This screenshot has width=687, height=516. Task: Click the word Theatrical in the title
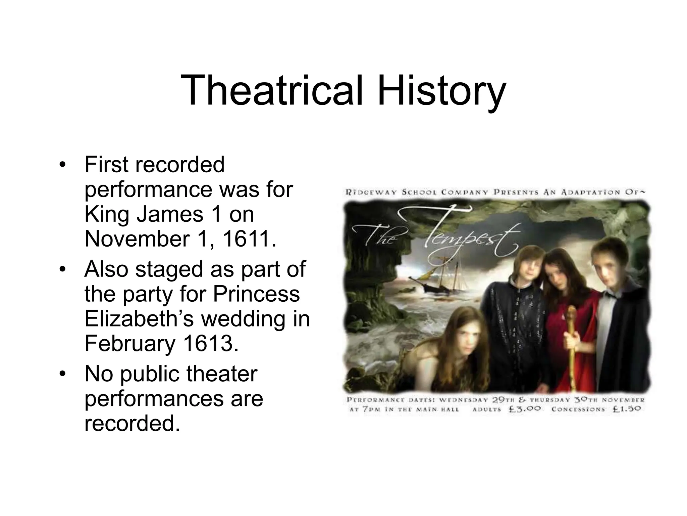tap(272, 91)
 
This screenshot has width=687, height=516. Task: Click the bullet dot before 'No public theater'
tap(62, 374)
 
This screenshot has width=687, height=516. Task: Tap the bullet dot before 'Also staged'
tap(62, 270)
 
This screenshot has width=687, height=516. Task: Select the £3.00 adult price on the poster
tap(525, 409)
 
